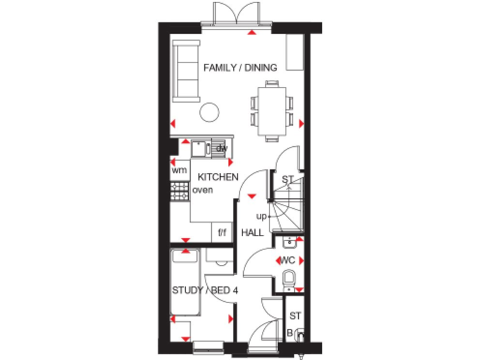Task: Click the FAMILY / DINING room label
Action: [x=240, y=67]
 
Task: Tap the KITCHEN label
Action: [x=218, y=177]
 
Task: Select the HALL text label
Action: [x=252, y=233]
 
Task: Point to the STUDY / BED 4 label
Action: [x=204, y=290]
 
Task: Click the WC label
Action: [x=287, y=259]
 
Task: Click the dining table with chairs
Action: [x=272, y=112]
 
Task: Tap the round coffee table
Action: [x=209, y=112]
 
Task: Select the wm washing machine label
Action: [x=179, y=170]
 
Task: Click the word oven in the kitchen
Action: [x=203, y=190]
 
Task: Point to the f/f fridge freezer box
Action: [x=222, y=233]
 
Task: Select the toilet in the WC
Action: [x=289, y=278]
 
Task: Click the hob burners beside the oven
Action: [x=179, y=191]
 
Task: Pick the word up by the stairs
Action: [x=262, y=216]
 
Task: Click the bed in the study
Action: [x=185, y=281]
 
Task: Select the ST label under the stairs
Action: [x=287, y=180]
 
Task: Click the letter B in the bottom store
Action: [x=290, y=332]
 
